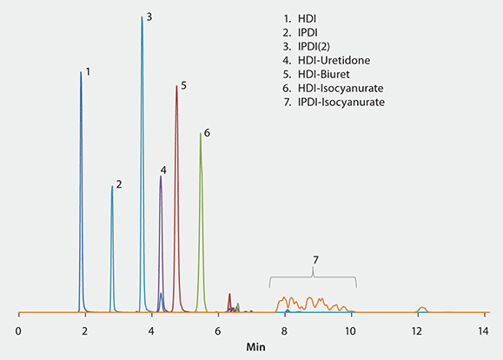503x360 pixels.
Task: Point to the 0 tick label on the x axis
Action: point(18,331)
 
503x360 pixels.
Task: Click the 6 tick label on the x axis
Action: point(218,331)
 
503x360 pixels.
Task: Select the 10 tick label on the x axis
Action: point(350,331)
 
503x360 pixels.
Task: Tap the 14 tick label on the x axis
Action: point(484,331)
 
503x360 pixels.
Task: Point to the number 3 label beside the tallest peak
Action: point(149,17)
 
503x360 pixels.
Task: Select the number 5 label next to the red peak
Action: point(183,85)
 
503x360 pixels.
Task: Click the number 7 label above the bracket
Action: point(314,260)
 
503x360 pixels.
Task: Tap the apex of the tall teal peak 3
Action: point(142,17)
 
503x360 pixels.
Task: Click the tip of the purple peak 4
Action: point(161,177)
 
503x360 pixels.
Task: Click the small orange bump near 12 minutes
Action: point(421,308)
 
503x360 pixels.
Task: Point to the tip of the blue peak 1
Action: point(81,71)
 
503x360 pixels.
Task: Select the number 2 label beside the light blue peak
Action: point(118,183)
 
